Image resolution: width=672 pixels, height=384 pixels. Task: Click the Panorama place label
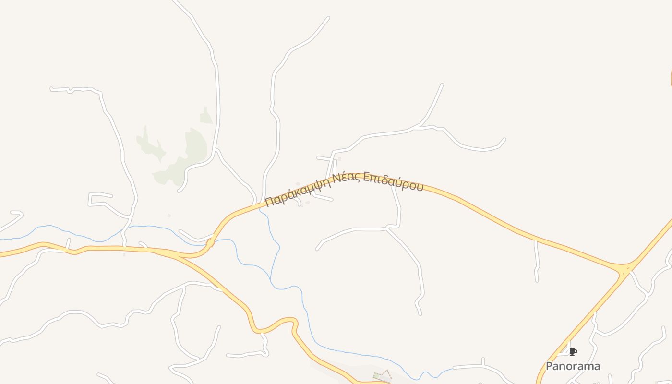coord(573,366)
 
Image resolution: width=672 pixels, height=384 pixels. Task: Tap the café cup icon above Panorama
coord(572,352)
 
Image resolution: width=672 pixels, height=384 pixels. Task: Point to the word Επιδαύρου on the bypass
coord(393,181)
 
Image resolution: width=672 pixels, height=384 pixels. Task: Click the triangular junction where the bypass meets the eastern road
coord(624,269)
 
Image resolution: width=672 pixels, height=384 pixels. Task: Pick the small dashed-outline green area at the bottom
coord(383,375)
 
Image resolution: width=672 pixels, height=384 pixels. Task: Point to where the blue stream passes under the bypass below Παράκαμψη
coord(260,208)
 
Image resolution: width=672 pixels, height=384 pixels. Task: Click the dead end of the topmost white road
coord(328,18)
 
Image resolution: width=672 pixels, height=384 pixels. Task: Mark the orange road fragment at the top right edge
coord(671,77)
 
